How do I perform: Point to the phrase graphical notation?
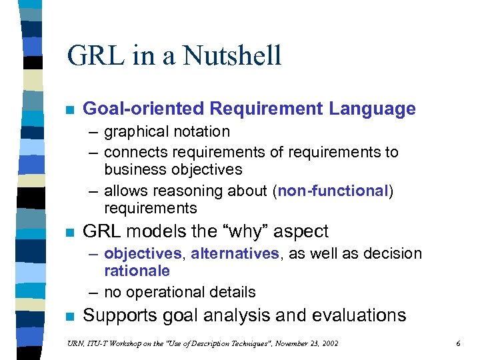[167, 132]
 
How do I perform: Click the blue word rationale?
[137, 271]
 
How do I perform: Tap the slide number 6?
[458, 343]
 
